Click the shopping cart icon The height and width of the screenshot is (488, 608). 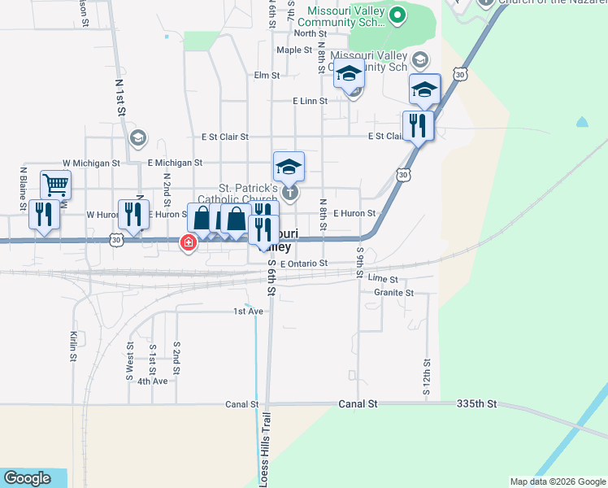point(55,185)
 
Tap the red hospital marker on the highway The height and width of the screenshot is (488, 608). point(189,242)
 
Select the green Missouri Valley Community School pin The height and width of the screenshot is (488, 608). point(397,14)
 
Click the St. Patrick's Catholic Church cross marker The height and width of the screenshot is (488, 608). point(290,193)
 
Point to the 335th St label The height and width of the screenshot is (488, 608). point(476,403)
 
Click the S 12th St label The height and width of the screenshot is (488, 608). point(426,378)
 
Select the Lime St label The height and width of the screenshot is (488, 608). point(382,278)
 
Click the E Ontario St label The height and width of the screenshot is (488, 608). point(303,264)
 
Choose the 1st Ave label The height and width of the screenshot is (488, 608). point(249,312)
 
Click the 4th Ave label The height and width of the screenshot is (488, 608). point(152,381)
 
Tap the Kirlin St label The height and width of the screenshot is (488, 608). point(73,346)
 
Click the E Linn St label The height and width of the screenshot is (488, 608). point(310,101)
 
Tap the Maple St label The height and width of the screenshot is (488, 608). point(294,50)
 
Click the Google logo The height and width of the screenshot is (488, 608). point(28,478)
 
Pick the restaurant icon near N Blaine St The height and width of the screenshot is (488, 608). point(44,215)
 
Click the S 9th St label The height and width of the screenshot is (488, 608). point(360,262)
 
